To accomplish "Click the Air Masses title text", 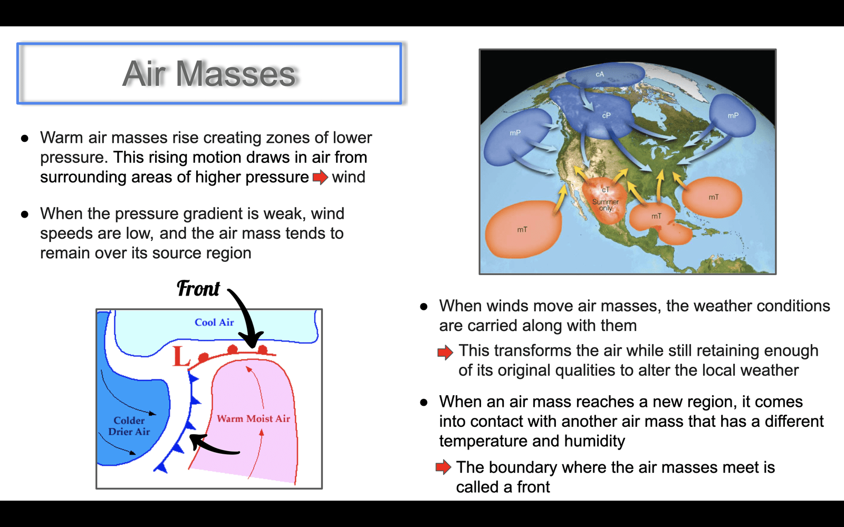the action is (x=209, y=74).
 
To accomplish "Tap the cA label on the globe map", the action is (x=599, y=74).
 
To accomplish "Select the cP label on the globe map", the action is (x=606, y=115).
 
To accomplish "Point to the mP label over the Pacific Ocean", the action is (x=515, y=133).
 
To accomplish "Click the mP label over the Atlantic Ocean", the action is (x=733, y=115).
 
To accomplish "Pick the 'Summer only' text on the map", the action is (x=606, y=205).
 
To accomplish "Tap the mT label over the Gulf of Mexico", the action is (x=656, y=216).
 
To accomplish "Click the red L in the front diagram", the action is (x=181, y=356).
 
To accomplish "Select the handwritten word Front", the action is (x=198, y=289).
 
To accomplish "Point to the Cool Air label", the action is (x=214, y=322).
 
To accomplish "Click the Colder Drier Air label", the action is (x=129, y=426).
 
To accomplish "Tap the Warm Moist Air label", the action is (x=254, y=418).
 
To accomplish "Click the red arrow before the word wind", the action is (x=321, y=177).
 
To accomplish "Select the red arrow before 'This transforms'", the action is (x=445, y=353).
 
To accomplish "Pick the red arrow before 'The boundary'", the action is (x=443, y=467).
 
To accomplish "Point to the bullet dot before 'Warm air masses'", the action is (x=25, y=139).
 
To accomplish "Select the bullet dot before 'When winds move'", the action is (x=424, y=307).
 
